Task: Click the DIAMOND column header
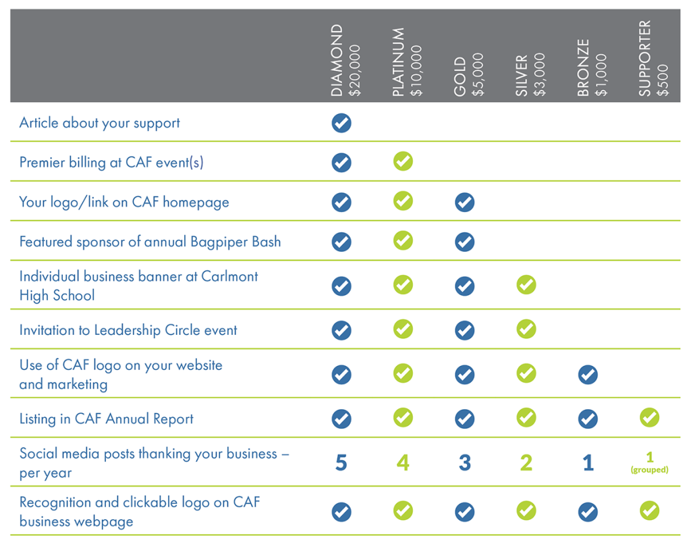[x=337, y=61]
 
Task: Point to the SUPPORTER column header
[x=645, y=59]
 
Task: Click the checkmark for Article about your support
[x=341, y=123]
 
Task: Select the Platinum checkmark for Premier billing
[x=403, y=161]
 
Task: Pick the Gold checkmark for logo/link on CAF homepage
[x=464, y=202]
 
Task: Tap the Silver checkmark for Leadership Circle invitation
[x=526, y=330]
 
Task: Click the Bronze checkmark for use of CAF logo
[x=588, y=374]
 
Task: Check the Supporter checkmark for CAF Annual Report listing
[x=649, y=419]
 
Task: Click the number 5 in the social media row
[x=341, y=463]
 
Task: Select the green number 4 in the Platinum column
[x=403, y=463]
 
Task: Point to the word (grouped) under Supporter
[x=649, y=470]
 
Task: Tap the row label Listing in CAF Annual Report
[x=106, y=419]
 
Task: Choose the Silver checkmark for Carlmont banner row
[x=526, y=285]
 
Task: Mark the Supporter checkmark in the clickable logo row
[x=649, y=511]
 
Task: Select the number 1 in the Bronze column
[x=588, y=463]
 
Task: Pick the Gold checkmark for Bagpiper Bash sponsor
[x=464, y=241]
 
